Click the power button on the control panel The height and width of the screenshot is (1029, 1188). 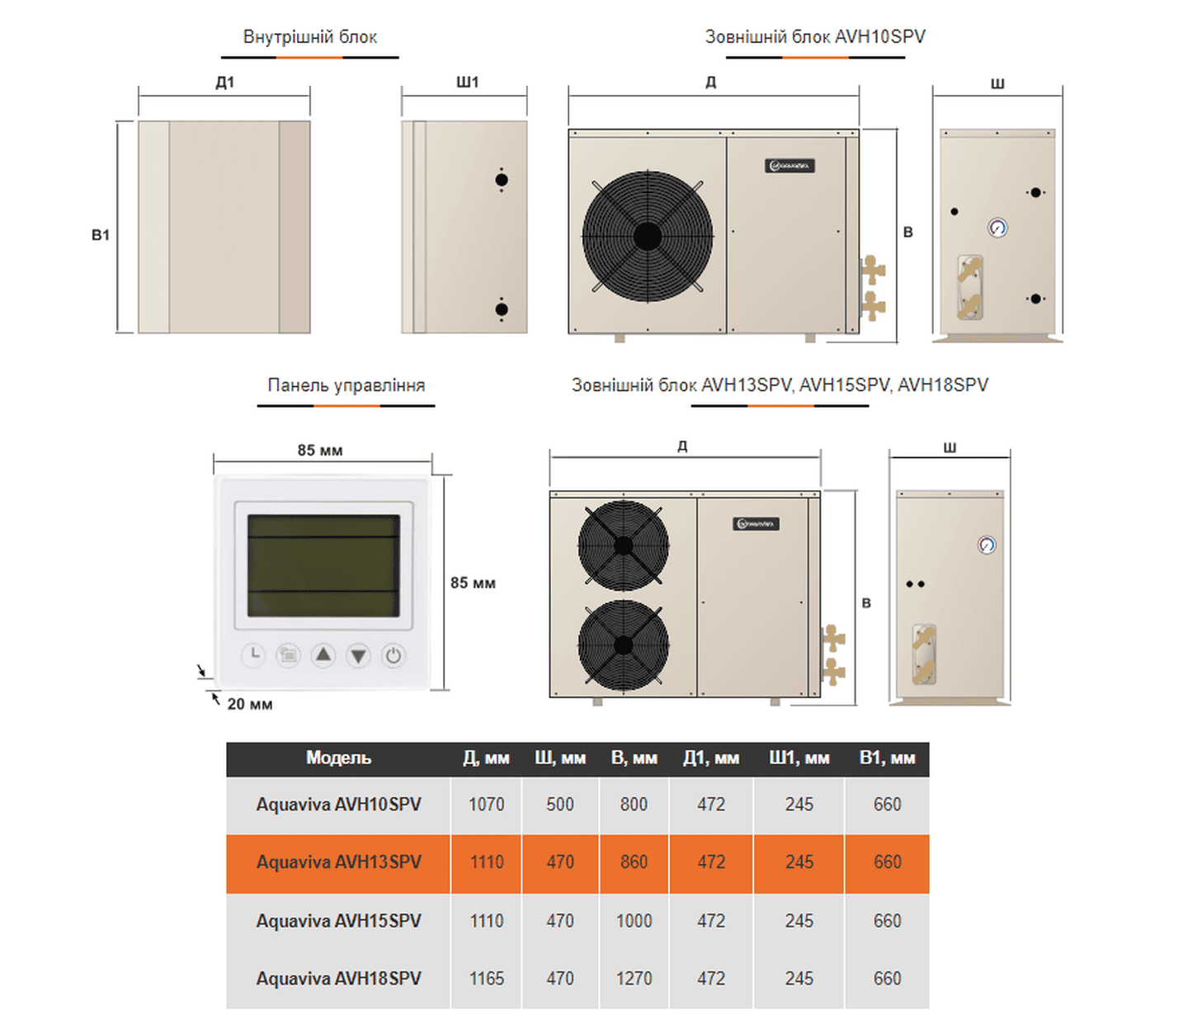(394, 656)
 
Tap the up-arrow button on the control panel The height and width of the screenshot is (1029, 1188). (323, 656)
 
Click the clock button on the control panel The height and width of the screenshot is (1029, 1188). (253, 655)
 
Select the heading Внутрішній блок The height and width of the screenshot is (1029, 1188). (310, 37)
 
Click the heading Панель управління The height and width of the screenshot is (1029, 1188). (346, 385)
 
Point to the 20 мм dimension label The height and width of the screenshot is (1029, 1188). (250, 704)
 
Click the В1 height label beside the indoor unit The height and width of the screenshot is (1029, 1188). (101, 235)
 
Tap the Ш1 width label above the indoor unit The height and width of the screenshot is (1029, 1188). (467, 82)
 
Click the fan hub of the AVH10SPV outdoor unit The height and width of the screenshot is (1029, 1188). (648, 237)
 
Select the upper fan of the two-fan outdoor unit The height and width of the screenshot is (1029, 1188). (624, 546)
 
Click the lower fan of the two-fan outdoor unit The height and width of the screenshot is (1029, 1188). (624, 645)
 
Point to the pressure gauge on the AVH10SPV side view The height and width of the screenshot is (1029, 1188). (997, 228)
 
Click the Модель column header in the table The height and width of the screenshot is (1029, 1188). (338, 758)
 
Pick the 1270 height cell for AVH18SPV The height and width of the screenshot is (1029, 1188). (634, 979)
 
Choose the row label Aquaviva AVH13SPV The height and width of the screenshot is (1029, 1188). (338, 862)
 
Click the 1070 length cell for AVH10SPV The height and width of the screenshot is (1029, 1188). (486, 805)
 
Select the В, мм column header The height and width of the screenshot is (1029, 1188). (634, 758)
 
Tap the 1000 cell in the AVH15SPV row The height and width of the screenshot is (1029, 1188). (634, 921)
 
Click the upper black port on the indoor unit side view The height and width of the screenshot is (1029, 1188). (502, 180)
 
